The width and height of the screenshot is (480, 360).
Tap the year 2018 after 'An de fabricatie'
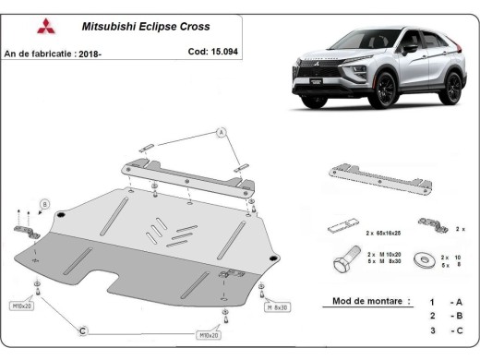[x=86, y=54]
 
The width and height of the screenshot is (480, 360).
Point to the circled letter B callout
[x=43, y=203]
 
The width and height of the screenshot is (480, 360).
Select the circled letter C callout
[x=82, y=330]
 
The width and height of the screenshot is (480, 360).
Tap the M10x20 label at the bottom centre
[x=210, y=337]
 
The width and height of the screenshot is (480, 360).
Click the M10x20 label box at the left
[x=21, y=305]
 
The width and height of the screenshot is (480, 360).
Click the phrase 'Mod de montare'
[x=358, y=302]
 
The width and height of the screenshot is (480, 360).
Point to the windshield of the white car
[x=365, y=42]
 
